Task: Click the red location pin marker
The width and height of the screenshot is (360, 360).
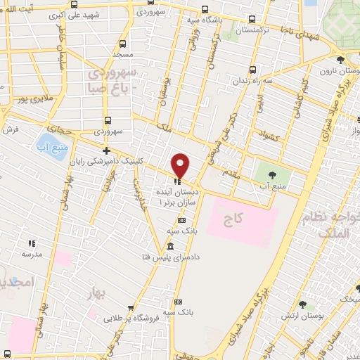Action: click(x=181, y=165)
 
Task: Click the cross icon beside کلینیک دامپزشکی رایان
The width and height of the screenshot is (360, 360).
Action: click(x=106, y=150)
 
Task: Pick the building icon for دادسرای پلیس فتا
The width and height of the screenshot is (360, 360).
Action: click(x=171, y=245)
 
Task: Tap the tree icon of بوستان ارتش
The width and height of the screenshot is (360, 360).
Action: click(x=303, y=305)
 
